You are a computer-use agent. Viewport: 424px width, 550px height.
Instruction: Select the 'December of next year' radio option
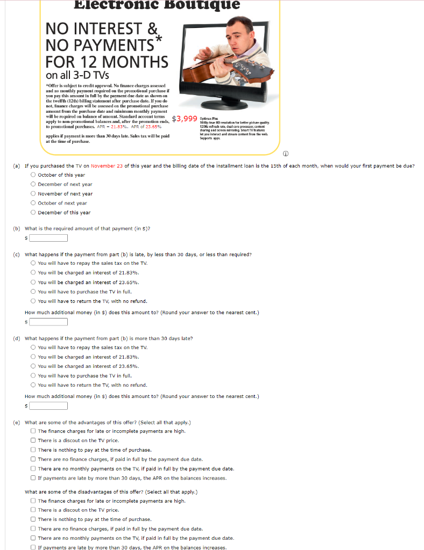tap(33, 184)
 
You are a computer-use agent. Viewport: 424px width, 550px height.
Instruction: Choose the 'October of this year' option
tap(33, 175)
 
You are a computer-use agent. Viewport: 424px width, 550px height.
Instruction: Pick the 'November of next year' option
tap(33, 193)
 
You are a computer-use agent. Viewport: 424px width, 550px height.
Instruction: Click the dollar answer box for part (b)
tap(48, 238)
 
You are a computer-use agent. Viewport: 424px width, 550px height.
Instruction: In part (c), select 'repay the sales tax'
tap(33, 263)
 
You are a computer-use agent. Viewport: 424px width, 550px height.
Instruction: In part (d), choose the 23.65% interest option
tap(33, 366)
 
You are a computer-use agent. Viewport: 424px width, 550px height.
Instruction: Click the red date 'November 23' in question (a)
tap(108, 166)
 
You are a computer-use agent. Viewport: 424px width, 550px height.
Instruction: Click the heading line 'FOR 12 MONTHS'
tap(107, 62)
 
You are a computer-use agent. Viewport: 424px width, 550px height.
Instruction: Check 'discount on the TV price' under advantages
tap(33, 440)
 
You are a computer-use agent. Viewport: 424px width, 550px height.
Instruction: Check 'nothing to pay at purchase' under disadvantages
tap(33, 519)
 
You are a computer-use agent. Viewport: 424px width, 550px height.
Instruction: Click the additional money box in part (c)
tap(48, 322)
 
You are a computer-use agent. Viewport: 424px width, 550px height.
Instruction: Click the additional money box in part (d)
tap(48, 406)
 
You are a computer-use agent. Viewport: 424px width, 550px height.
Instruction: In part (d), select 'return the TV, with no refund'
tap(33, 385)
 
